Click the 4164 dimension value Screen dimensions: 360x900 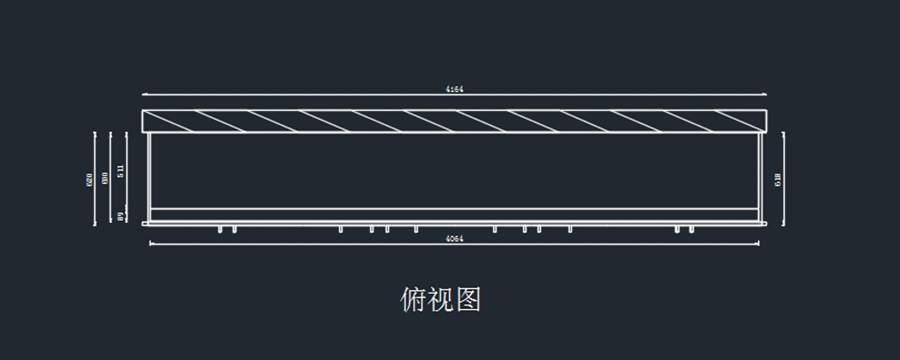(454, 89)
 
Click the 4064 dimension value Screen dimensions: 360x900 (454, 238)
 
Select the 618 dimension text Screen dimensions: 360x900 (778, 179)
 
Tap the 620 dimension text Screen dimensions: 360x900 (89, 179)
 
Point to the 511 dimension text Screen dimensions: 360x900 (121, 172)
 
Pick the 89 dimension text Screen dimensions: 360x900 (121, 217)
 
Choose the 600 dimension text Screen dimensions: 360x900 (105, 178)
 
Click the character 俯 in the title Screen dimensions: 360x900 (413, 299)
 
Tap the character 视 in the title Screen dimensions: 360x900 (440, 299)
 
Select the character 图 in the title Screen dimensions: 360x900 (467, 299)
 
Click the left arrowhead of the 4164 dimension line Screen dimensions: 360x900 (144, 94)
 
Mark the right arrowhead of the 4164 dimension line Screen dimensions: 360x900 (765, 94)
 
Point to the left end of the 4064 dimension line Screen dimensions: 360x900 (151, 243)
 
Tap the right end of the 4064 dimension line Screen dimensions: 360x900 (757, 243)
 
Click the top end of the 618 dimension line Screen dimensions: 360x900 (784, 133)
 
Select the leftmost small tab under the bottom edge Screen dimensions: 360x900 (220, 229)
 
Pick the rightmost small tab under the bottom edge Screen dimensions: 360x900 (691, 229)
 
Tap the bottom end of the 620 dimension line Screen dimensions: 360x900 (95, 223)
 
